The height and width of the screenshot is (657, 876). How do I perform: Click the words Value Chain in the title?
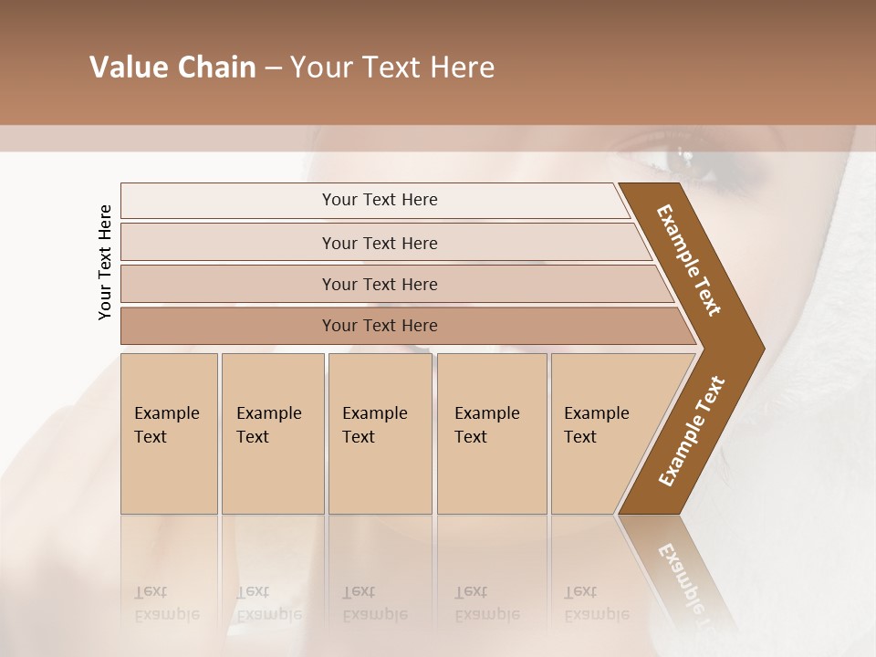[x=172, y=68]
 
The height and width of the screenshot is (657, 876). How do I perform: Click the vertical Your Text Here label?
[x=105, y=262]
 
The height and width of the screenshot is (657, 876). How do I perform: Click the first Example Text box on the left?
[x=169, y=433]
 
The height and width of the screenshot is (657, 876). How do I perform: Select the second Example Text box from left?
[x=272, y=433]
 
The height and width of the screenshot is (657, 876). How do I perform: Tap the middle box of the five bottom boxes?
[x=380, y=433]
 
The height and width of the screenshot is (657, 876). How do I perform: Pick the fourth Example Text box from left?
[x=491, y=433]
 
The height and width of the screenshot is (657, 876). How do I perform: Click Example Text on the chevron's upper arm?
[x=689, y=260]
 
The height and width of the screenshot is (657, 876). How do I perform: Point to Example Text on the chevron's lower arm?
[x=692, y=431]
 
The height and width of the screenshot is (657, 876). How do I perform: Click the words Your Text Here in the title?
[x=392, y=68]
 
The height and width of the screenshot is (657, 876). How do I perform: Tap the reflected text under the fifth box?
[x=595, y=603]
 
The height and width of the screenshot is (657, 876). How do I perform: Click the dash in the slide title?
[x=272, y=68]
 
